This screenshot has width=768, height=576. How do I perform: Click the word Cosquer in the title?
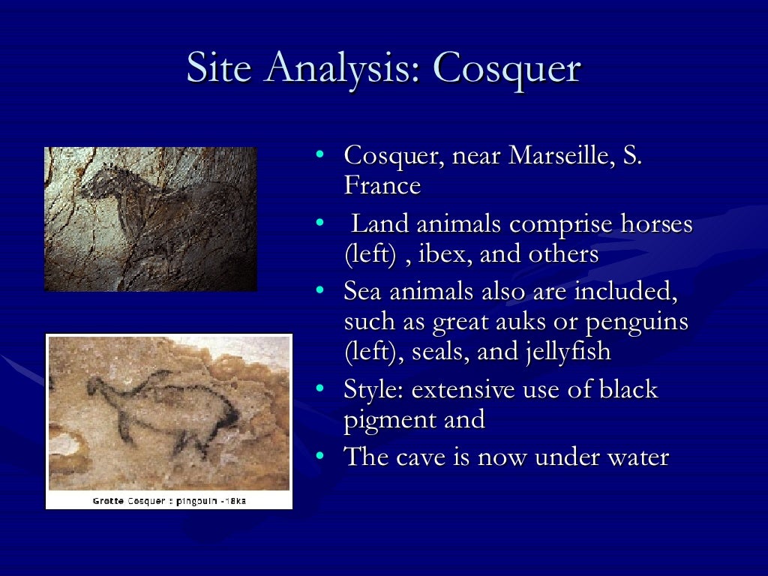[x=507, y=69]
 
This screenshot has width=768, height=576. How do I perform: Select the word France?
[x=382, y=185]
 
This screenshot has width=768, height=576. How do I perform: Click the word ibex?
[x=440, y=254]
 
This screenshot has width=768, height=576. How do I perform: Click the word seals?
[x=441, y=351]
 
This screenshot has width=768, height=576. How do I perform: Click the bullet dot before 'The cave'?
[x=319, y=455]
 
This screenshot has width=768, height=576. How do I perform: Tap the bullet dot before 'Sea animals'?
[x=319, y=290]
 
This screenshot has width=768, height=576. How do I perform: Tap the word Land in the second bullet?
[x=377, y=224]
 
